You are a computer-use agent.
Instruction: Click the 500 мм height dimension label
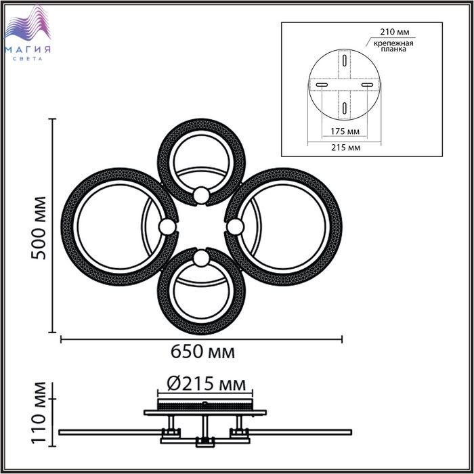click(39, 228)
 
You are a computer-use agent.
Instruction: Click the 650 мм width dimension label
click(202, 351)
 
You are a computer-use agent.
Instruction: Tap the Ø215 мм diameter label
click(206, 384)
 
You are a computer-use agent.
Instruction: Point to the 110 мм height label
click(39, 413)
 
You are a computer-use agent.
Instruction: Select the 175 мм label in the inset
click(345, 131)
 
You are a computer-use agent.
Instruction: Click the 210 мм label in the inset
click(395, 32)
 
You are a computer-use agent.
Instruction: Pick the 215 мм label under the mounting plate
click(346, 148)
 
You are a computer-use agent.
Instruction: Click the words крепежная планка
click(393, 46)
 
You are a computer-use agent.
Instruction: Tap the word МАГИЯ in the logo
click(28, 49)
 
